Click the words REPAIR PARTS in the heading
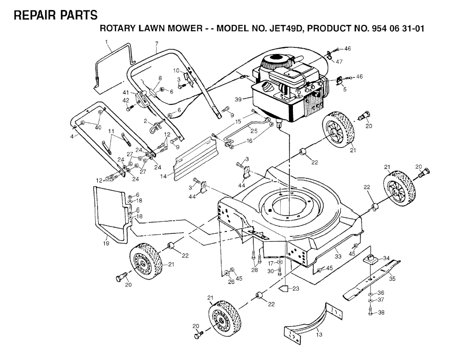56,15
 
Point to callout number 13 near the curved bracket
319,335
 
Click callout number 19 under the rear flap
106,243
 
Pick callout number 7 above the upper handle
156,43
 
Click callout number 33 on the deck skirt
338,256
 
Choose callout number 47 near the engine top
339,61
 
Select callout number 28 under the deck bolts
255,270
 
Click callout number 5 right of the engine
344,89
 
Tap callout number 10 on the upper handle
175,70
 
